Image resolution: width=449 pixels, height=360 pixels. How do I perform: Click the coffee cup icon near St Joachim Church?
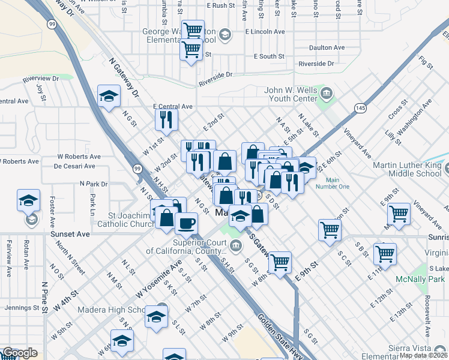[186, 223]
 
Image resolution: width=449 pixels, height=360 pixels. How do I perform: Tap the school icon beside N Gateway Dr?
[109, 96]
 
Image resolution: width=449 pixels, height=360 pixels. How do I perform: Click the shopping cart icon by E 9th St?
[280, 262]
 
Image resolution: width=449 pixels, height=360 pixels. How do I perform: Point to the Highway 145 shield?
[360, 107]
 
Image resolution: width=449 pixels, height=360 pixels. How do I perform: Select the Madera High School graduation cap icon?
[157, 316]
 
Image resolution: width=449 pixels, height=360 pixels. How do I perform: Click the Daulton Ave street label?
[327, 47]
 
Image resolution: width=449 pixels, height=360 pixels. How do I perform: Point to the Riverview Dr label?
[41, 79]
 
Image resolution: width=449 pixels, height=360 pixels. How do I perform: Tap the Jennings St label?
[16, 308]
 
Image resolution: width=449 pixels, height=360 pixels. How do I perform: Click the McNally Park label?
[420, 280]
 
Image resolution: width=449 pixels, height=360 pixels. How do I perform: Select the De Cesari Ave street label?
[73, 166]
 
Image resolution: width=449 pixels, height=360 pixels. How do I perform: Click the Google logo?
[20, 353]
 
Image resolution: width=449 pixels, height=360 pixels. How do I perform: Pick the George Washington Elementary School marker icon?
[224, 33]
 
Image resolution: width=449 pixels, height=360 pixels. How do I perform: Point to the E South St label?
[268, 56]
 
